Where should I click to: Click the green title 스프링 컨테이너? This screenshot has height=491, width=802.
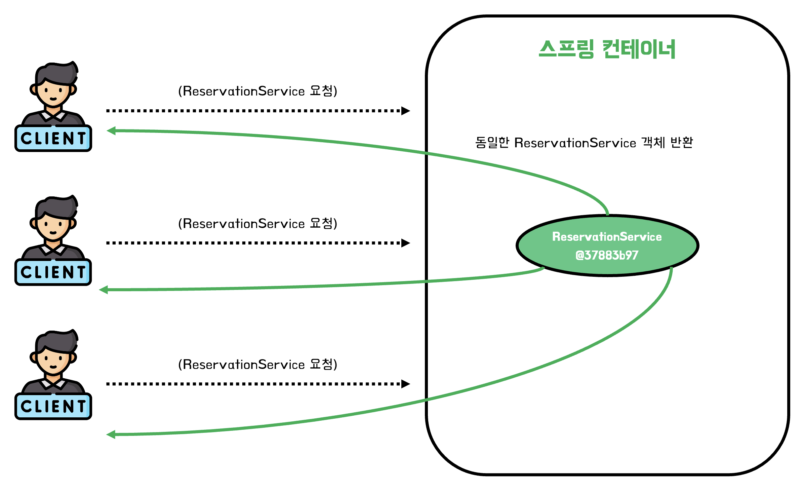607,49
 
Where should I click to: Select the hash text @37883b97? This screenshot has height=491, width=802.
607,255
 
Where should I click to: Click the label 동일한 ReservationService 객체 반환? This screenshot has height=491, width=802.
584,143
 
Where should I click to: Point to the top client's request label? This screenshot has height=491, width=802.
257,91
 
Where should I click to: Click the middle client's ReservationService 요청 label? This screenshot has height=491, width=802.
257,224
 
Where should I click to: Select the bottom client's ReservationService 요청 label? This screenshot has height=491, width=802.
257,365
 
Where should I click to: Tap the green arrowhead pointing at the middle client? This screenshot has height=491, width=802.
104,290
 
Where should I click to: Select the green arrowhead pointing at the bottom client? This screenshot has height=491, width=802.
111,435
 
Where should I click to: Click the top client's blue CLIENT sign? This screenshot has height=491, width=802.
53,138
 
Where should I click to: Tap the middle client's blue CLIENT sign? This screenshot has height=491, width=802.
53,272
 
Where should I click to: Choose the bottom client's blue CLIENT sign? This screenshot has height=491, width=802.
53,406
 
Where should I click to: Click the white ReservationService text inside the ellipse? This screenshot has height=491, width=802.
607,237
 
